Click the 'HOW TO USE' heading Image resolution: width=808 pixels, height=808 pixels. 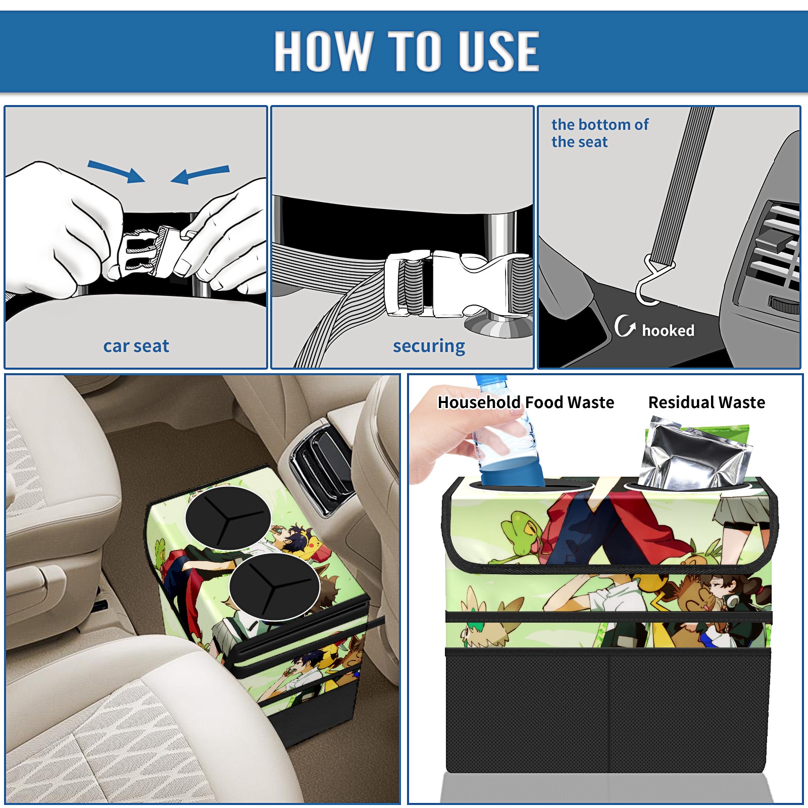pyautogui.click(x=407, y=50)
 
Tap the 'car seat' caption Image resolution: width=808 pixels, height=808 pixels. pyautogui.click(x=136, y=346)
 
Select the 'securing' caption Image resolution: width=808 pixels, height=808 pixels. pyautogui.click(x=429, y=346)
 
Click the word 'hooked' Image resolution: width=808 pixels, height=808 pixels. pyautogui.click(x=668, y=330)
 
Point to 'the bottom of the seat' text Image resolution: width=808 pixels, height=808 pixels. pyautogui.click(x=599, y=133)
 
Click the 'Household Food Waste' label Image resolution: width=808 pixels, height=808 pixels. pyautogui.click(x=526, y=402)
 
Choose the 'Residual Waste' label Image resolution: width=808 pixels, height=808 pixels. pyautogui.click(x=706, y=402)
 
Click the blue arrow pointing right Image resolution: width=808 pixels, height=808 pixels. pyautogui.click(x=116, y=171)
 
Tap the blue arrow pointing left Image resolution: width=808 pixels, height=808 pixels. pyautogui.click(x=200, y=174)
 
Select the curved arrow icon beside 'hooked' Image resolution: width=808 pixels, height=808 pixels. pyautogui.click(x=625, y=326)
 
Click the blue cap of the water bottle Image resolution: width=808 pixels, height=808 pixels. pyautogui.click(x=490, y=380)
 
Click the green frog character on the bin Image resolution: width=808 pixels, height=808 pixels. pyautogui.click(x=520, y=535)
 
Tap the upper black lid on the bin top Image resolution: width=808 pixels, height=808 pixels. pyautogui.click(x=228, y=518)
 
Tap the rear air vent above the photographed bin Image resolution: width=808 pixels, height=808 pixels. pyautogui.click(x=318, y=465)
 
